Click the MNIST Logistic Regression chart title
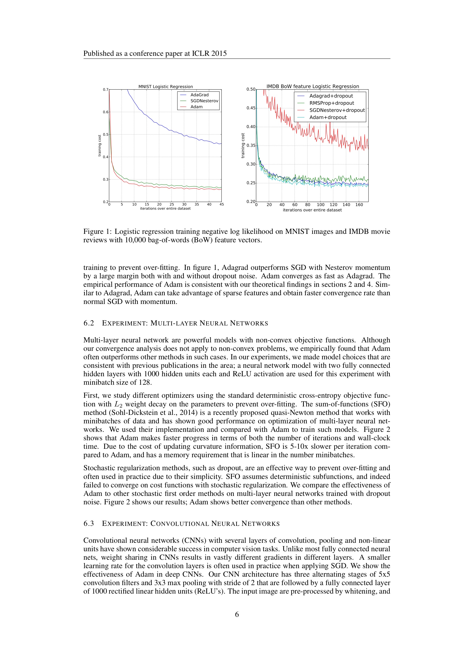[165, 87]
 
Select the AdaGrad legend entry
[199, 95]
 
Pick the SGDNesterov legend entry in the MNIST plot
[204, 101]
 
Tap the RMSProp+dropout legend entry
[331, 103]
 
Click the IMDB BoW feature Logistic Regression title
[313, 86]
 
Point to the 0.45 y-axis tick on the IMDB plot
[251, 108]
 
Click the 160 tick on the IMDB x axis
[359, 205]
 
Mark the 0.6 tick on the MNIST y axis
[105, 112]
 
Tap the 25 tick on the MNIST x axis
[172, 205]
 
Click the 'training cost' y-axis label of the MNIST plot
[99, 146]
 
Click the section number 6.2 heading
[89, 323]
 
